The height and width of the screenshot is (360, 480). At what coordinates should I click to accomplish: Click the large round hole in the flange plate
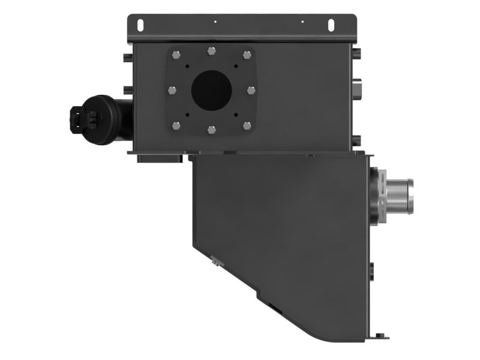211,90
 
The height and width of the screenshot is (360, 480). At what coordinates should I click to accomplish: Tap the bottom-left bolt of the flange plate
175,125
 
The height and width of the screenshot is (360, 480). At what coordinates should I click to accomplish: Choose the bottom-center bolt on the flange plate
211,129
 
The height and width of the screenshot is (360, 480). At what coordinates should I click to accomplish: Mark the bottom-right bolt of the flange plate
247,125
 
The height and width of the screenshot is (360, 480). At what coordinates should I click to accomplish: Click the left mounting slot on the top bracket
140,25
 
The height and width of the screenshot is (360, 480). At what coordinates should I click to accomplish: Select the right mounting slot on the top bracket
330,25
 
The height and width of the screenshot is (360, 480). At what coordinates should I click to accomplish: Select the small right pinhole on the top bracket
302,22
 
